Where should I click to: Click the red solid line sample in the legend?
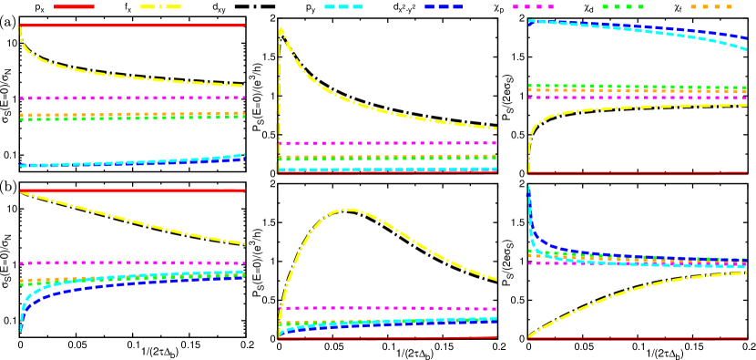click(x=74, y=6)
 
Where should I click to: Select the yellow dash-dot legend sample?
click(x=160, y=6)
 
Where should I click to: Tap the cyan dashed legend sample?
click(x=343, y=6)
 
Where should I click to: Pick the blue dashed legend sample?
click(x=443, y=6)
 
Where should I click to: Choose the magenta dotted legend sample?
click(x=533, y=6)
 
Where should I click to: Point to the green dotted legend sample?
click(x=622, y=6)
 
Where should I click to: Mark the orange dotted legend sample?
click(x=711, y=6)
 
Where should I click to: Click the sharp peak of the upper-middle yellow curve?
click(x=281, y=28)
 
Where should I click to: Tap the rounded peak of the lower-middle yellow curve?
click(x=347, y=209)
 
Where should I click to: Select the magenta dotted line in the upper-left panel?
click(x=132, y=98)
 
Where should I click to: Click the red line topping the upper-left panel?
click(x=132, y=26)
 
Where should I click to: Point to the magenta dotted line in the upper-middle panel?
click(x=387, y=143)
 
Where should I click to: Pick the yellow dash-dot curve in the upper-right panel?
click(x=638, y=108)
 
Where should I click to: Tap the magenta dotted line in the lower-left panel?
click(x=132, y=262)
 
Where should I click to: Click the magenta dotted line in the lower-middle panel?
click(x=387, y=308)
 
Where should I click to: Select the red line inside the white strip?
click(x=132, y=190)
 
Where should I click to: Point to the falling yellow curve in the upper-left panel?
click(x=132, y=74)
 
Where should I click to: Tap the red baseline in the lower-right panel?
click(x=638, y=338)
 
